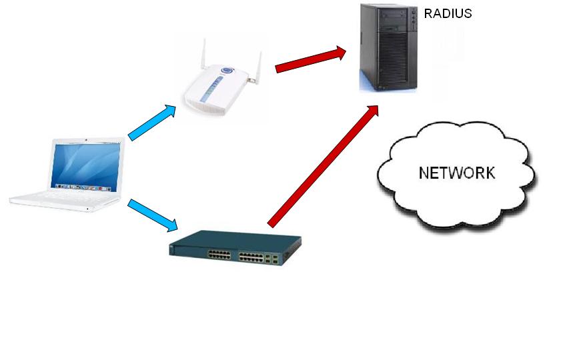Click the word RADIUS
[448, 13]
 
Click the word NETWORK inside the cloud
[457, 173]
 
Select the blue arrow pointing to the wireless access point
[152, 122]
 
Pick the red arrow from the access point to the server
[310, 58]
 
